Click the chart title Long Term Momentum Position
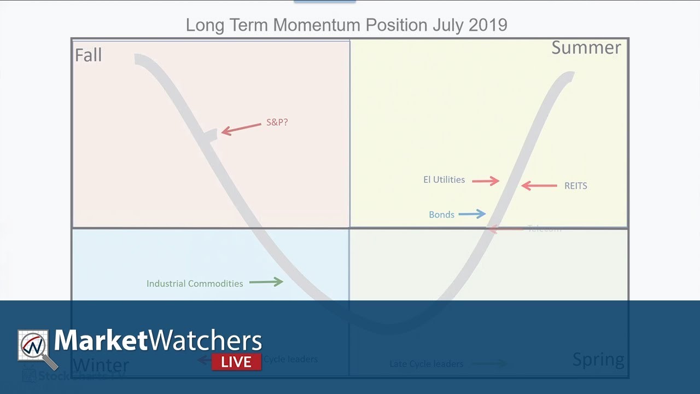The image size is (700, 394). click(346, 25)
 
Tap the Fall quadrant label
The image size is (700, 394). click(89, 55)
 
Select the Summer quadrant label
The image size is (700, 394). click(586, 48)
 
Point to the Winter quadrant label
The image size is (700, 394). click(101, 365)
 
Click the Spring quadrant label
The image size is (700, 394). click(598, 360)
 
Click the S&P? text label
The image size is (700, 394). click(277, 123)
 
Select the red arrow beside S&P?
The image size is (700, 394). click(241, 129)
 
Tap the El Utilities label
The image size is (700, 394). click(444, 179)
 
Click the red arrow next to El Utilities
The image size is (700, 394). click(486, 181)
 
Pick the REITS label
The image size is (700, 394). click(575, 186)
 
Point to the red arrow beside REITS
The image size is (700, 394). click(539, 186)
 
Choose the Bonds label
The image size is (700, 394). click(441, 215)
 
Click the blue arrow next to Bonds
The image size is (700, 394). click(472, 214)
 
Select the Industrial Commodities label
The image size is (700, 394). click(195, 283)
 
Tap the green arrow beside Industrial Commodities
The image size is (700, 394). click(266, 282)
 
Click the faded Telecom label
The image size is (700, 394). click(544, 229)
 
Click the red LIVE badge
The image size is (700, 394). click(236, 362)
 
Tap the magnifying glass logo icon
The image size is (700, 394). click(36, 349)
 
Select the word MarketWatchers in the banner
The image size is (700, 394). click(158, 341)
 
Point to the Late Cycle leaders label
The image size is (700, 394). click(426, 363)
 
